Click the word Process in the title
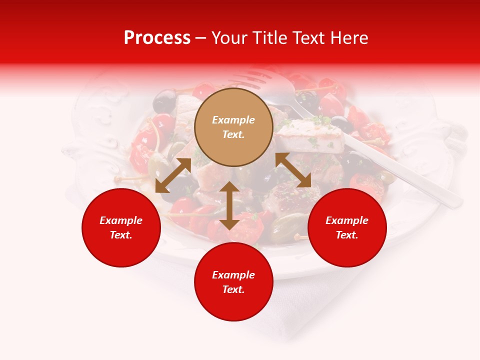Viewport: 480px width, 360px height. (x=157, y=38)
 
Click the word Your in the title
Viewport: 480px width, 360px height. (x=229, y=38)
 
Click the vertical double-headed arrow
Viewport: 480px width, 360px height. (x=229, y=205)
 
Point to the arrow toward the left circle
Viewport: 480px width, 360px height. (x=173, y=175)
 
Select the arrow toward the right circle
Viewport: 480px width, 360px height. (x=293, y=170)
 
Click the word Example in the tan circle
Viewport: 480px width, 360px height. (x=233, y=120)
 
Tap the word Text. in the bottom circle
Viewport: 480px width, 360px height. (x=233, y=289)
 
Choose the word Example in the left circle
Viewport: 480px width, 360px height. (x=121, y=220)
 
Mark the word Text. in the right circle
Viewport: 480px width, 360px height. (x=347, y=235)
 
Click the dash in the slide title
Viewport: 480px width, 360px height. (x=201, y=38)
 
